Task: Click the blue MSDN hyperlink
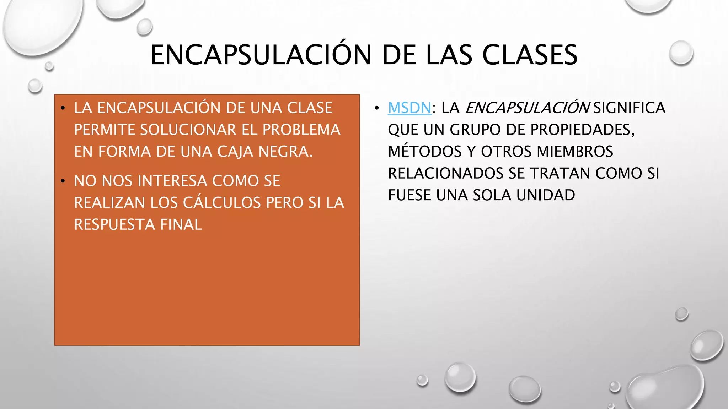tap(409, 108)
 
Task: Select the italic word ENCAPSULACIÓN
tap(528, 108)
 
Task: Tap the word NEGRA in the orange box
tap(285, 152)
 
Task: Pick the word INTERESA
tap(172, 181)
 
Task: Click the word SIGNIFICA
tap(629, 108)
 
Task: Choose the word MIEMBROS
tap(575, 152)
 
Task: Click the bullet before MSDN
tap(377, 108)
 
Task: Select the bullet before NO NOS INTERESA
tap(63, 181)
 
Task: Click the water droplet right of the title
tap(681, 53)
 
